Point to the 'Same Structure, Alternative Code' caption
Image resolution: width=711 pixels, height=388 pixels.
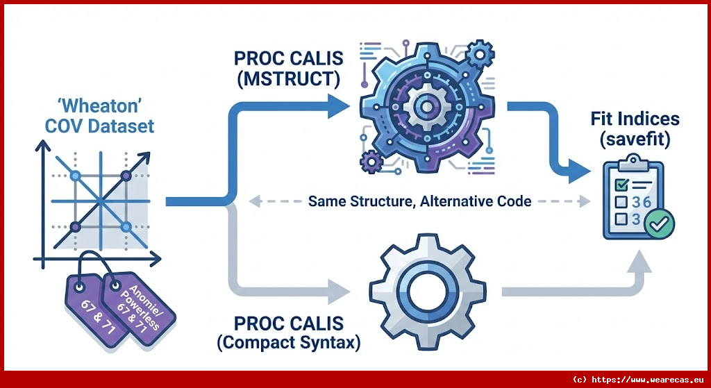click(x=420, y=202)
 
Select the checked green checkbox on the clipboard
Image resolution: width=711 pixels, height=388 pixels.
click(x=622, y=184)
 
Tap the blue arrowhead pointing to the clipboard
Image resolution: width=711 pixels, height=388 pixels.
click(x=580, y=168)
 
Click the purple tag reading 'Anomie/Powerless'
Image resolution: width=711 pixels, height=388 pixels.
click(x=138, y=304)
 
